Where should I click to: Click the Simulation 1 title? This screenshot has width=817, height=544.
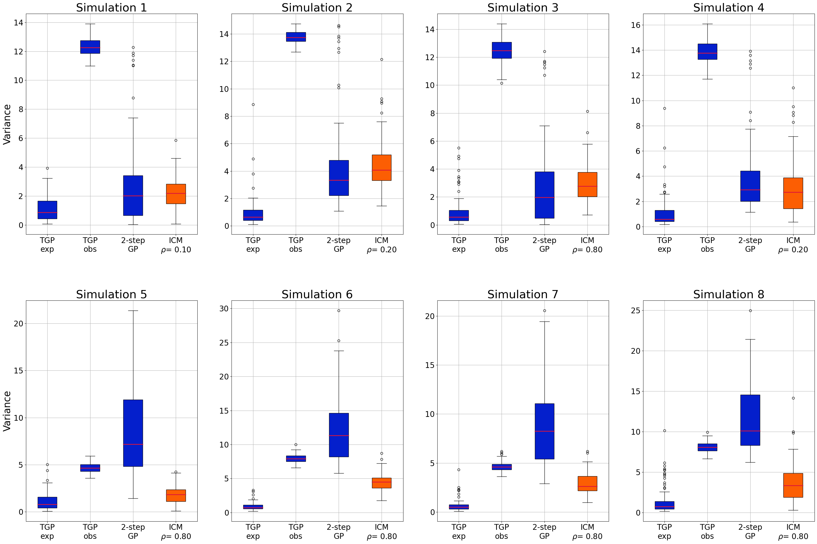tap(111, 8)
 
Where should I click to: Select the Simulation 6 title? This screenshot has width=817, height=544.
tap(317, 294)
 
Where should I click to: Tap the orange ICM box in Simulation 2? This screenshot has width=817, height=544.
tap(381, 168)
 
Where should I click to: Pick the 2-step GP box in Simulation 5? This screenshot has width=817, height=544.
tap(133, 433)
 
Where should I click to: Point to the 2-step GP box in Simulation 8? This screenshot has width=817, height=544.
tap(750, 420)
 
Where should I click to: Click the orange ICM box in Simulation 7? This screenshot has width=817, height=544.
tap(587, 483)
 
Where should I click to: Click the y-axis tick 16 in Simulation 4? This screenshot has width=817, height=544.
tap(635, 25)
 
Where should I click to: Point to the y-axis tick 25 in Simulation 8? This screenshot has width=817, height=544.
tap(635, 311)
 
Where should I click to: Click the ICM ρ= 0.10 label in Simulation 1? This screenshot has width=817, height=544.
tap(176, 245)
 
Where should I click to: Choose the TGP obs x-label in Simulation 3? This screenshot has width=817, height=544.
tap(501, 245)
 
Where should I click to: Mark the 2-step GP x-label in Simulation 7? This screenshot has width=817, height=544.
tap(544, 531)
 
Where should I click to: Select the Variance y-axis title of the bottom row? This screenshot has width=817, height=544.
tap(7, 411)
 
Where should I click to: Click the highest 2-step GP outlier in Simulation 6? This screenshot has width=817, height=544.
tap(339, 311)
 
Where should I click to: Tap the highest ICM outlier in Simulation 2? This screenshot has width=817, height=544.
tap(381, 60)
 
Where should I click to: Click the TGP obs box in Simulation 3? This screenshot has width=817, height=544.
tap(501, 50)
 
